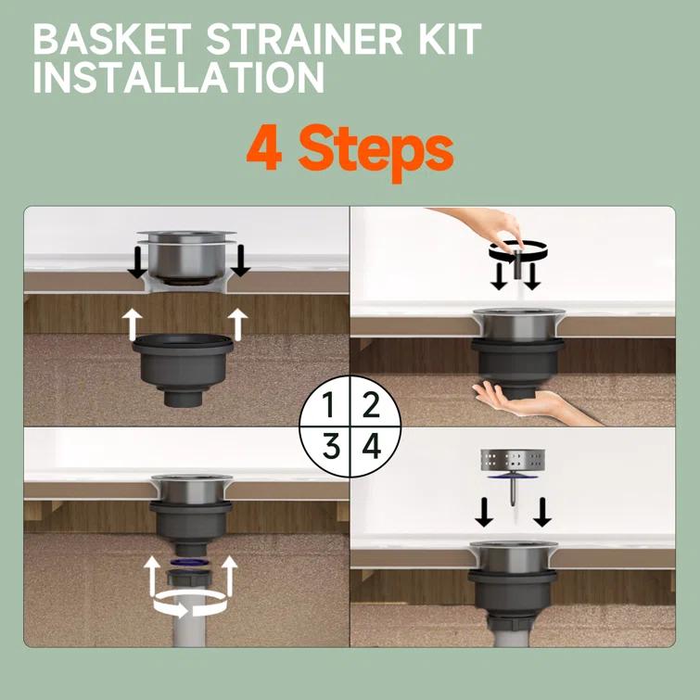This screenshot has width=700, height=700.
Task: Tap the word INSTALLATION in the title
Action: click(x=178, y=78)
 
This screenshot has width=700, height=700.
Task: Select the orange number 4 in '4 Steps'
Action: click(x=264, y=151)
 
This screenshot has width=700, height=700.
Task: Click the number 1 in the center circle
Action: click(x=329, y=405)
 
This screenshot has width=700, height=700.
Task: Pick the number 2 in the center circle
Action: click(x=371, y=405)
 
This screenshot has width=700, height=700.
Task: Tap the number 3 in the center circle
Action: click(x=330, y=447)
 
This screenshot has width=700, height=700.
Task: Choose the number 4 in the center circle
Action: click(x=371, y=447)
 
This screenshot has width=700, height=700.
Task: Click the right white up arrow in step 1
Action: click(x=238, y=322)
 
